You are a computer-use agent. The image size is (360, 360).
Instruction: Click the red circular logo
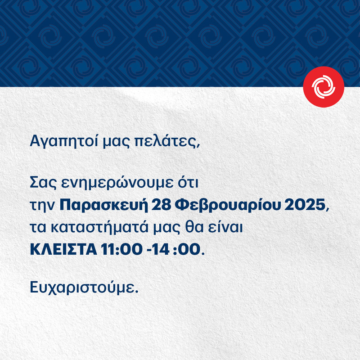324,86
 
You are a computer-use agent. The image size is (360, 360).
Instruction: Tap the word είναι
228,228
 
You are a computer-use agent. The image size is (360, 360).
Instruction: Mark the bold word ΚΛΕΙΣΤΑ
61,250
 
